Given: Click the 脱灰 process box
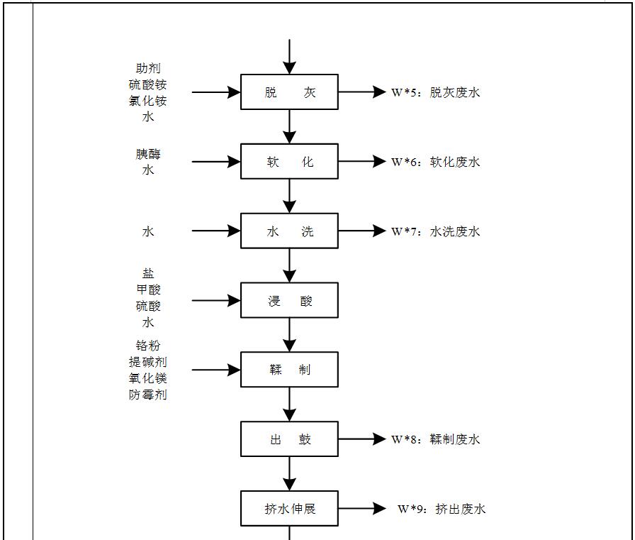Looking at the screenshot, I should pos(289,92).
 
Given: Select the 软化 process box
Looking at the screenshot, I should pos(289,162).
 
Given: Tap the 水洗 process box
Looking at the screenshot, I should pos(289,231).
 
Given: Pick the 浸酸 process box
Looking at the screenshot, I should pos(289,300).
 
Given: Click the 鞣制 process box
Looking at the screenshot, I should pos(289,370).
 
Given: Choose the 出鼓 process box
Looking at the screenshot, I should pos(289,439).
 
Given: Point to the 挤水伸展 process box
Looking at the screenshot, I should pos(289,509).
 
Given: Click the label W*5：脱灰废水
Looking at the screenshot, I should pos(436,92).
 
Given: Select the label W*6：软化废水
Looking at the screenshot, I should pos(436,162).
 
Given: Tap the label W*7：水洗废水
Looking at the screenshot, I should pos(436,231).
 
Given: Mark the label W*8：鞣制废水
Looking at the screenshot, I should pos(436,439).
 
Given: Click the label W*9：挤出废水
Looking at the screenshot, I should pos(442,509).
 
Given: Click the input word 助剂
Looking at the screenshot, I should pos(148,69).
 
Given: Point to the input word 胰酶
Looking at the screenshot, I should pos(148,154).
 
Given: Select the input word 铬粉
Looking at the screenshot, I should pos(148,346).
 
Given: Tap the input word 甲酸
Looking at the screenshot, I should pos(148,290).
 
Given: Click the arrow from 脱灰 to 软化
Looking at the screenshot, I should pos(289,126).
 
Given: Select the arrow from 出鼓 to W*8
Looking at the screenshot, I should pos(361,439).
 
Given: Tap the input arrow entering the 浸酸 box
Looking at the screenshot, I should pos(216,300).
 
